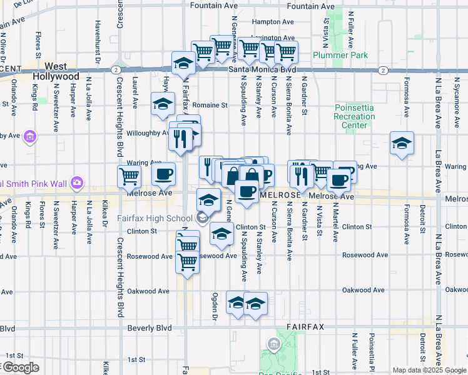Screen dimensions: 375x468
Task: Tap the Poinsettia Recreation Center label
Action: [354, 116]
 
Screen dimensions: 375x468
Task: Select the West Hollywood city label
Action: [56, 71]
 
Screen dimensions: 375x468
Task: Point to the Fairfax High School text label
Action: [155, 218]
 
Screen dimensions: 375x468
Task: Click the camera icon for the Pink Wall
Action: [77, 182]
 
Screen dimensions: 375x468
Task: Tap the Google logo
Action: [21, 367]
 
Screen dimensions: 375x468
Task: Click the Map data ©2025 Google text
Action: [429, 370]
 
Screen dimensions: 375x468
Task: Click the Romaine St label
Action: [210, 105]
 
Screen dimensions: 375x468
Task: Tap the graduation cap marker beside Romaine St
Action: [163, 104]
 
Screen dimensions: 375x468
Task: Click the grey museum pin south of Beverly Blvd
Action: [273, 344]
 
